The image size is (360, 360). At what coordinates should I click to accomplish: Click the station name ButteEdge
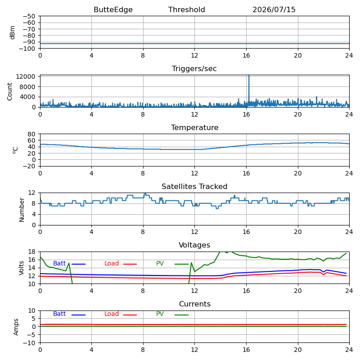tap(113, 9)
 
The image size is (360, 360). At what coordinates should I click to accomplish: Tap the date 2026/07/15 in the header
tap(274, 9)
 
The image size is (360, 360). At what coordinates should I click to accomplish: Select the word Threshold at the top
tap(186, 9)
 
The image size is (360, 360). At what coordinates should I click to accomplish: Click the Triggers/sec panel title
tap(194, 68)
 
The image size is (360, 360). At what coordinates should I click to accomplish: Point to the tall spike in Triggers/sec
tap(249, 88)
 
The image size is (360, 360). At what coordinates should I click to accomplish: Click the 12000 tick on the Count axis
tap(26, 76)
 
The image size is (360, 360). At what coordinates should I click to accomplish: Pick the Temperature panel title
tap(194, 127)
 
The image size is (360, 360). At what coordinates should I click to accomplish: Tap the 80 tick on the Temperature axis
tap(32, 134)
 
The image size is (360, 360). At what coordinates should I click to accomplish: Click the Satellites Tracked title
tap(194, 186)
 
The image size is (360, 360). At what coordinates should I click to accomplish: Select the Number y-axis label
tap(22, 210)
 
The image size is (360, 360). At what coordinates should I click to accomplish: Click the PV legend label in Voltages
tap(160, 263)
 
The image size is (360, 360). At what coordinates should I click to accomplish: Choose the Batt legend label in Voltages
tap(59, 263)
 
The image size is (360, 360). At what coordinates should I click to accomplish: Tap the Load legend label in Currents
tap(111, 314)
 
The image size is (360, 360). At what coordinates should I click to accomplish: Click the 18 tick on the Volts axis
tap(32, 252)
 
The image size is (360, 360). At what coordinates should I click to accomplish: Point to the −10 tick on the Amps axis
tap(30, 343)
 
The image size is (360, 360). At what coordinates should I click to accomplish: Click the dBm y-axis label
tap(13, 32)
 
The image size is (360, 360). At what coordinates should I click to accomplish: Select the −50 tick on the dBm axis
tap(29, 16)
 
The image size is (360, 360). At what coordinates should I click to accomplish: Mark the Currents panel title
tap(195, 304)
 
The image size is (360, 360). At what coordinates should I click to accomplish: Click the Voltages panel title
tap(194, 245)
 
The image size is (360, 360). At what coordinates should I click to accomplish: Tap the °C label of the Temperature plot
tap(15, 150)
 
